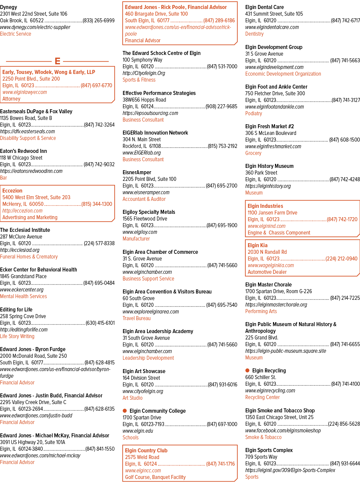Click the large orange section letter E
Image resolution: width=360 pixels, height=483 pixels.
pos(58,61)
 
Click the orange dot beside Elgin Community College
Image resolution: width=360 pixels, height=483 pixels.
pos(125,410)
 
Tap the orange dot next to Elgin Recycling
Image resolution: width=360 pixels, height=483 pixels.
pos(247,370)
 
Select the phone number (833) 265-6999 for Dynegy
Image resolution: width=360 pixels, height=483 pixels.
pos(99,20)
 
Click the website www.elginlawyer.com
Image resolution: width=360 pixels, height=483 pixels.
pos(25,92)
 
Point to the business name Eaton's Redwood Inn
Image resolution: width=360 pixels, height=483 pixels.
pos(24,151)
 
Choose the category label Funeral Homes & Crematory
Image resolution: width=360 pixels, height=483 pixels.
pos(29,256)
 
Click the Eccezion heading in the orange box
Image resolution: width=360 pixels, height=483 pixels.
pos(12,191)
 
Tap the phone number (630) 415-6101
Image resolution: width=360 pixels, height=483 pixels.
pos(100,323)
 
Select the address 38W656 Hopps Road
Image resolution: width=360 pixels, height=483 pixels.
pos(144,100)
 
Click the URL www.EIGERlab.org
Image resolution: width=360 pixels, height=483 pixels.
pos(142,153)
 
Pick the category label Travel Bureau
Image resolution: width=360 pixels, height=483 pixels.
pos(137,318)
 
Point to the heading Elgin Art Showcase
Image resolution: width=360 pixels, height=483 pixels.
pos(144,371)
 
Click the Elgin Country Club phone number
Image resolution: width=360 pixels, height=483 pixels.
pos(221,464)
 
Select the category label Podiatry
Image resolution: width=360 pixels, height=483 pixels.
pos(254,113)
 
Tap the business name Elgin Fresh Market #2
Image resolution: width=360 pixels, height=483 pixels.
pos(270,126)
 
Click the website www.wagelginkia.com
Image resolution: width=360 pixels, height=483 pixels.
pos(271,265)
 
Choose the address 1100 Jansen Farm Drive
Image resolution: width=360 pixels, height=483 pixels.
pos(272,213)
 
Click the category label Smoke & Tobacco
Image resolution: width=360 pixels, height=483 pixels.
pos(263,437)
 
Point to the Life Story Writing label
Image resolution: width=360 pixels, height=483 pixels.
pos(17,336)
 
